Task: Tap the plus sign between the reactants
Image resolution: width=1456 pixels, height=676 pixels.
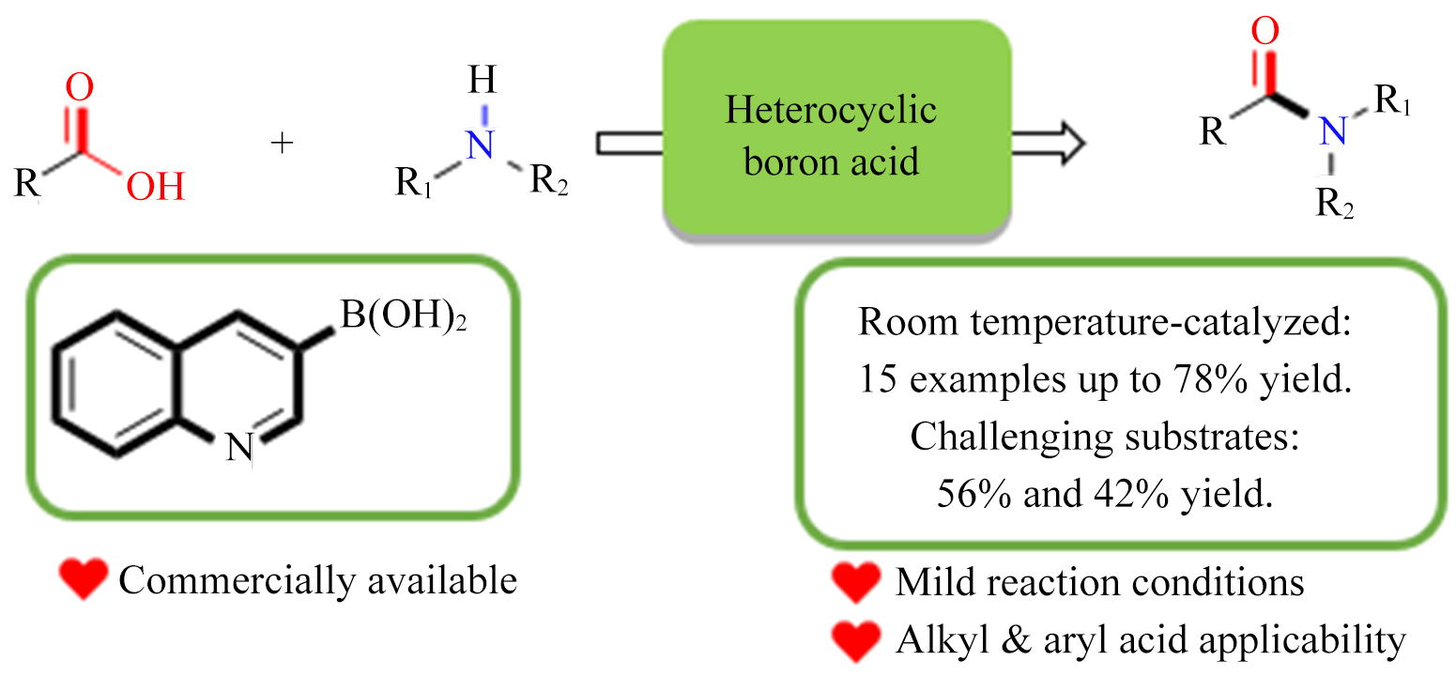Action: pyautogui.click(x=281, y=144)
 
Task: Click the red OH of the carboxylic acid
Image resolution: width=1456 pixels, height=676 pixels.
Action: pyautogui.click(x=156, y=185)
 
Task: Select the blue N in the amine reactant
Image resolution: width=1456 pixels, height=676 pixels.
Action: pyautogui.click(x=482, y=146)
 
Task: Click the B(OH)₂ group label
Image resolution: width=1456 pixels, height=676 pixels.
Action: pyautogui.click(x=404, y=316)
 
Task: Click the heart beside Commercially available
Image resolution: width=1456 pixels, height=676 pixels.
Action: pyautogui.click(x=83, y=580)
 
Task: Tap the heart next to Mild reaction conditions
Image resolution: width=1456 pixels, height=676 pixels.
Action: pyautogui.click(x=856, y=582)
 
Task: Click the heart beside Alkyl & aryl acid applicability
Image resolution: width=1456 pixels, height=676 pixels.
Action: pyautogui.click(x=856, y=640)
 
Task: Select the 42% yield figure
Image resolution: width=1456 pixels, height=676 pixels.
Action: pyautogui.click(x=1139, y=493)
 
